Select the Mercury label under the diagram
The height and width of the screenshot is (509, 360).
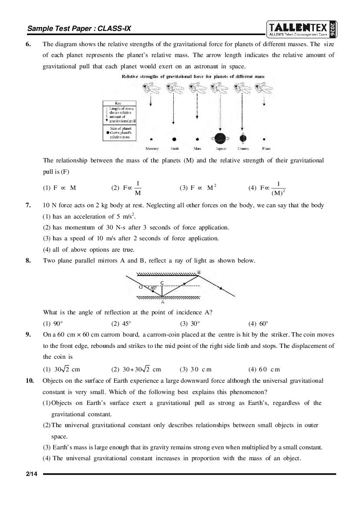152,148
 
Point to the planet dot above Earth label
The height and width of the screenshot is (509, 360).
174,139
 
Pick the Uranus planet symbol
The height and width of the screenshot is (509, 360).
243,139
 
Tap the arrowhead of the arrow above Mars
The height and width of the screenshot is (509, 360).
197,118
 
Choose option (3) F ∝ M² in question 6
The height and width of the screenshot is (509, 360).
198,188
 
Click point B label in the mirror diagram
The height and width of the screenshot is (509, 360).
199,273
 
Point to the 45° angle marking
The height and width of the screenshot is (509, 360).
153,288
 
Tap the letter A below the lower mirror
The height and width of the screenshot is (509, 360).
162,302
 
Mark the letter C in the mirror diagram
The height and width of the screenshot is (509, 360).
162,283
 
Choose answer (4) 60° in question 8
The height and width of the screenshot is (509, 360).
258,324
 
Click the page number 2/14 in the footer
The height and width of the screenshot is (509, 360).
31,474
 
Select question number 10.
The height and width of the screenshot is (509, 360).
30,381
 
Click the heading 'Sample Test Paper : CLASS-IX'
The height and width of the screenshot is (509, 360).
79,29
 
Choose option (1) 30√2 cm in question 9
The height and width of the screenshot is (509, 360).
61,369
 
